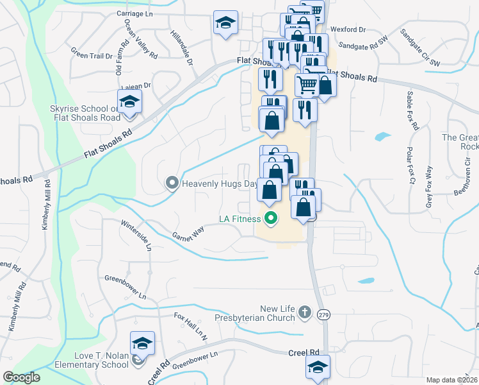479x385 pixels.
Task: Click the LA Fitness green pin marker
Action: pos(270,219)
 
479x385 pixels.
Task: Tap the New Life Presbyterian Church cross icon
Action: pos(305,312)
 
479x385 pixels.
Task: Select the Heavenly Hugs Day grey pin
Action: pos(172,184)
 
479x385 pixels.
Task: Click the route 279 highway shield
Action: pos(323,314)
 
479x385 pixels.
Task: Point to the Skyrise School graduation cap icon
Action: pos(129,102)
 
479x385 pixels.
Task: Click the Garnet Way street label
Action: pos(188,232)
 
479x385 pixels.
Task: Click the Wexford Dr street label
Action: pos(348,30)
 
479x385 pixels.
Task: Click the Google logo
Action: pos(21,377)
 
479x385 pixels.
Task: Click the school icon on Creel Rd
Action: pos(318,367)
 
